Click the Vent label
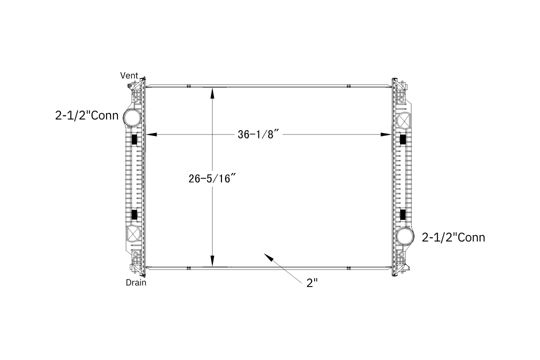129,75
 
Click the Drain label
136,282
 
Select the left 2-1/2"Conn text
87,115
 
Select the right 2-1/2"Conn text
453,237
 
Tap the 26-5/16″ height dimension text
212,178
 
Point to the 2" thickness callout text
312,283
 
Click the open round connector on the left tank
132,117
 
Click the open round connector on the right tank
405,236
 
